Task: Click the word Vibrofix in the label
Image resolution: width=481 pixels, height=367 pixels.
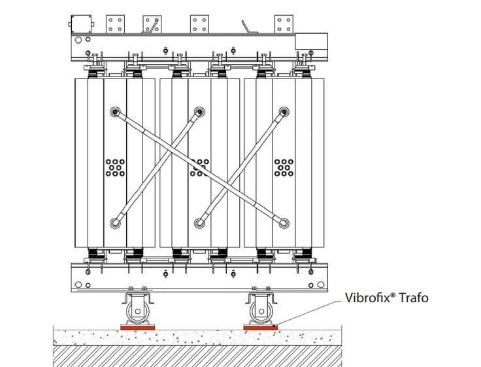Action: (367, 298)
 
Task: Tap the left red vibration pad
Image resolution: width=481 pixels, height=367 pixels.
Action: (137, 327)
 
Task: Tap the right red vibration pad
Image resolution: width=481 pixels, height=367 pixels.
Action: (261, 327)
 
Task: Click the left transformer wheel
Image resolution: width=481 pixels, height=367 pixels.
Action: (137, 311)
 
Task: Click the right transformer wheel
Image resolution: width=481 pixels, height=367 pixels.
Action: (261, 311)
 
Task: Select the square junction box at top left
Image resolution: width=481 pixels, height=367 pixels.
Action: (81, 24)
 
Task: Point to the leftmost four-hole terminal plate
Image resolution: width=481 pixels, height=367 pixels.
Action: (115, 24)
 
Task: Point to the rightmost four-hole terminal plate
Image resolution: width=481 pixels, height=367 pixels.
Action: (284, 24)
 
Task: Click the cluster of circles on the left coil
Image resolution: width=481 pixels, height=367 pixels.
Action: (115, 167)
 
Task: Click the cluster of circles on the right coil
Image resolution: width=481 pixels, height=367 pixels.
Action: (284, 167)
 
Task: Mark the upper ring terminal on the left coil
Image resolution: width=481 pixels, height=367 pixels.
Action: (115, 112)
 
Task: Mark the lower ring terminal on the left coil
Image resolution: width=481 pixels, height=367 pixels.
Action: (115, 223)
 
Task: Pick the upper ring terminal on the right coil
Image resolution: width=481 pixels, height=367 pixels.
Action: (284, 112)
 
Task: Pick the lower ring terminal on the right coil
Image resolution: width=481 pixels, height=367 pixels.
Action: (284, 223)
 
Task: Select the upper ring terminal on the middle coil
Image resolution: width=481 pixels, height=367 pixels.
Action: (200, 112)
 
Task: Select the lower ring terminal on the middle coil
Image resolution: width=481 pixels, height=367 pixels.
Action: (200, 223)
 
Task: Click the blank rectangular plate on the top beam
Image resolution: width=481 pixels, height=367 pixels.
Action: (311, 41)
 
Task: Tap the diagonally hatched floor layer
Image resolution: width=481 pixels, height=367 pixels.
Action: (197, 356)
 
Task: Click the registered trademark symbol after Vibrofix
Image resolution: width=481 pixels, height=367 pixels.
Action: (393, 294)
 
